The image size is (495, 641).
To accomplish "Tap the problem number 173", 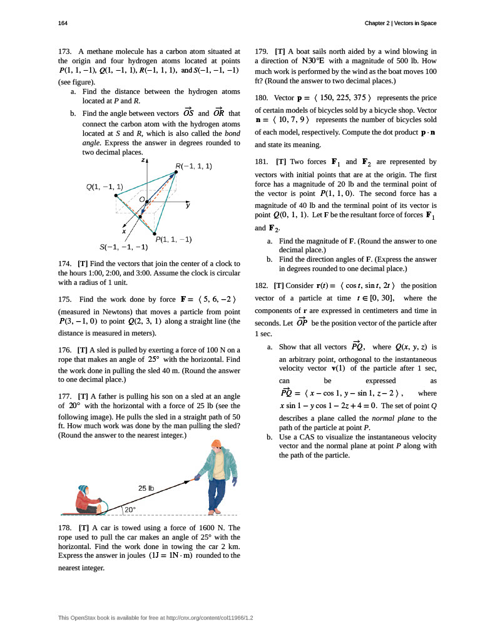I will (x=65, y=51).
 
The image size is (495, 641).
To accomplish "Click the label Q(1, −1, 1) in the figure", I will (x=104, y=187).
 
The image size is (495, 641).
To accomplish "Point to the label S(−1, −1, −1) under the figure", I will (x=123, y=246).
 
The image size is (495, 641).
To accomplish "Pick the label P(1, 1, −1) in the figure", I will (x=173, y=239).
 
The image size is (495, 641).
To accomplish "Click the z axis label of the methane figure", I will (x=143, y=160).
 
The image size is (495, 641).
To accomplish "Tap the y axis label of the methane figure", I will (x=188, y=205).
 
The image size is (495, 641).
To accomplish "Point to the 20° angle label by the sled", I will (x=130, y=510).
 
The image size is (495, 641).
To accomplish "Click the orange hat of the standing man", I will (x=216, y=428).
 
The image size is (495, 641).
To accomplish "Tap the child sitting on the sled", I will (x=87, y=499).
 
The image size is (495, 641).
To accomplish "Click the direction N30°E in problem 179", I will (x=313, y=61).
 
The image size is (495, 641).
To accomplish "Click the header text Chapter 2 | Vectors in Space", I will (x=401, y=23).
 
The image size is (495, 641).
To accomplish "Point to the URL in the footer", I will (x=213, y=618).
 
